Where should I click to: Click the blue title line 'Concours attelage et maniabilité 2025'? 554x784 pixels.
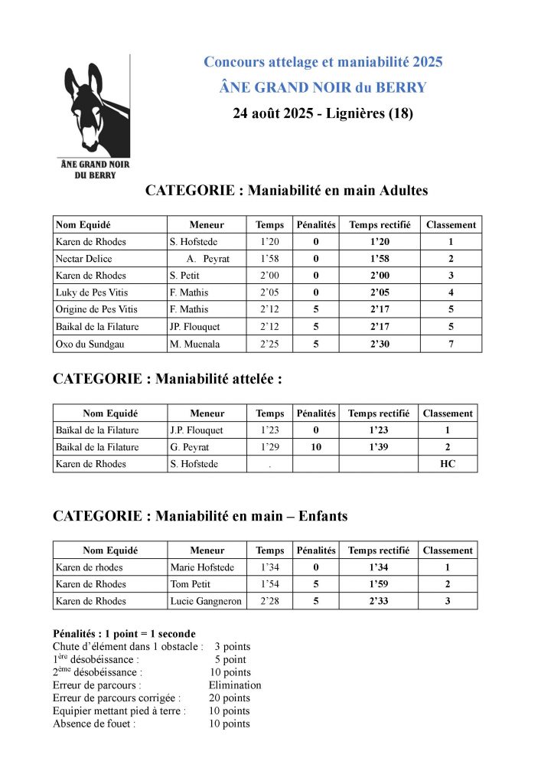[323, 61]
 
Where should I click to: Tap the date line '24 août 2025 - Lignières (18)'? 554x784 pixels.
[323, 114]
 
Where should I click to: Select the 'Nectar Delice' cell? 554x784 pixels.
[84, 259]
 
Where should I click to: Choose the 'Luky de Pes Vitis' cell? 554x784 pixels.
[92, 292]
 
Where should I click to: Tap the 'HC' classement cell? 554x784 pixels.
[448, 464]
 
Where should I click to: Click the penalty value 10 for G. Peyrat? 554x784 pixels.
[316, 447]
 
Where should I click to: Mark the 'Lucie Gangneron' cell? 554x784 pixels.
[205, 601]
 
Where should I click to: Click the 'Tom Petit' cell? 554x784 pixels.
[190, 584]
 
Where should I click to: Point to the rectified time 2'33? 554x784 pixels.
[379, 601]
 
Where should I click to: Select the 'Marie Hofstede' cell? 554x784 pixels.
[202, 567]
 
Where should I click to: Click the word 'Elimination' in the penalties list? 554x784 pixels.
[235, 685]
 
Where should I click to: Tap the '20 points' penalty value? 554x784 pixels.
[230, 698]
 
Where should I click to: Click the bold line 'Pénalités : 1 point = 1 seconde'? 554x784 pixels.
[124, 634]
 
